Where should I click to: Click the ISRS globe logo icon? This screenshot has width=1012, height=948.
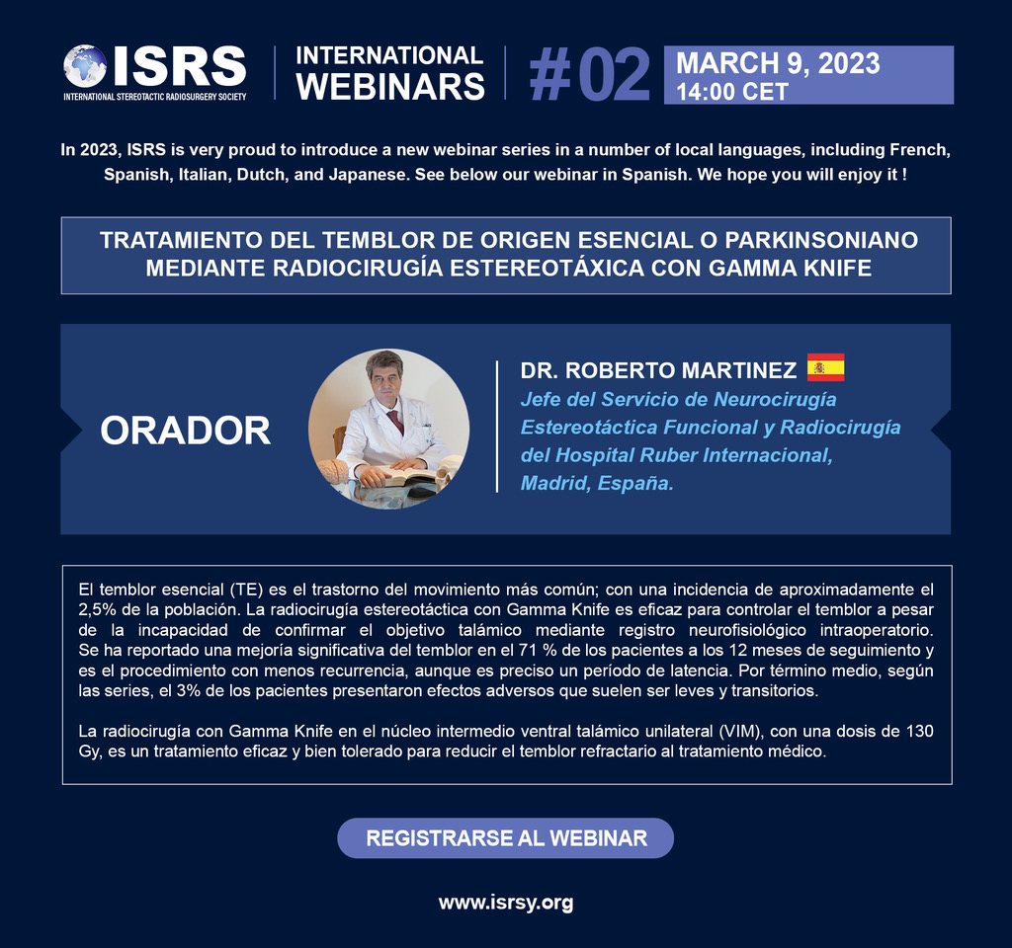[85, 65]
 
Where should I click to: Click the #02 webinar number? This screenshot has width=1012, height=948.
[589, 75]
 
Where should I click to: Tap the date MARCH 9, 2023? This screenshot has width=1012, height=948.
[777, 64]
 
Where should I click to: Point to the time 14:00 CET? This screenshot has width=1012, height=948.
[731, 92]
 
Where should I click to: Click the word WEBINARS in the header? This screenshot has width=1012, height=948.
[390, 87]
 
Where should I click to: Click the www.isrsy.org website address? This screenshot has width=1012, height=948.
[506, 902]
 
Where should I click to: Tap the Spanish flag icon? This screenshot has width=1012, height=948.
[825, 368]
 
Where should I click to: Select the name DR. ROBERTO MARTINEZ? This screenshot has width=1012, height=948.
[658, 370]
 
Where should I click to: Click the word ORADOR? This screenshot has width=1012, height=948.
[186, 431]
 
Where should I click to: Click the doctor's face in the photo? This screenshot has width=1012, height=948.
[385, 379]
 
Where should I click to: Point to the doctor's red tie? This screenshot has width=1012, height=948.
[395, 421]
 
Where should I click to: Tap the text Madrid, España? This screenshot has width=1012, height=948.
[597, 483]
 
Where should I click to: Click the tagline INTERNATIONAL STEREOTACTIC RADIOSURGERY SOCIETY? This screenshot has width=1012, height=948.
[155, 96]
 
